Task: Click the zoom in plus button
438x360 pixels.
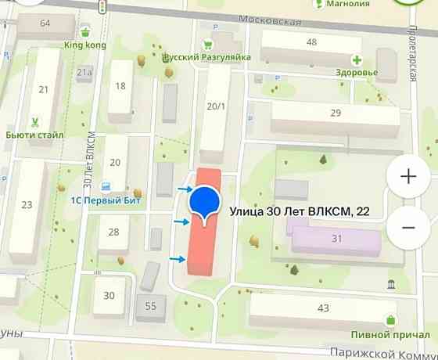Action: pos(408,176)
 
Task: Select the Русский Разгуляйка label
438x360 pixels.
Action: pos(206,57)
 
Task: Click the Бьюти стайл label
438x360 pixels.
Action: pos(34,135)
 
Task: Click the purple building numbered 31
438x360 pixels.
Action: pos(337,238)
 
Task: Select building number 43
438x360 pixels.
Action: pos(323,309)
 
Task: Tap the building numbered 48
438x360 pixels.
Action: pos(312,43)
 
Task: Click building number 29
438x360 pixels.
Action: pos(336,114)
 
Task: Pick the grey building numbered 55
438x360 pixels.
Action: pos(151,306)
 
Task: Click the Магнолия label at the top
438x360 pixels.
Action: pos(348,4)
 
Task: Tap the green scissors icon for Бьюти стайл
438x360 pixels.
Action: pos(34,121)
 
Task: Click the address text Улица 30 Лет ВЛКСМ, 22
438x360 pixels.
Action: pos(300,211)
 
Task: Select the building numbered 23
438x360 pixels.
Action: pos(27,205)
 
